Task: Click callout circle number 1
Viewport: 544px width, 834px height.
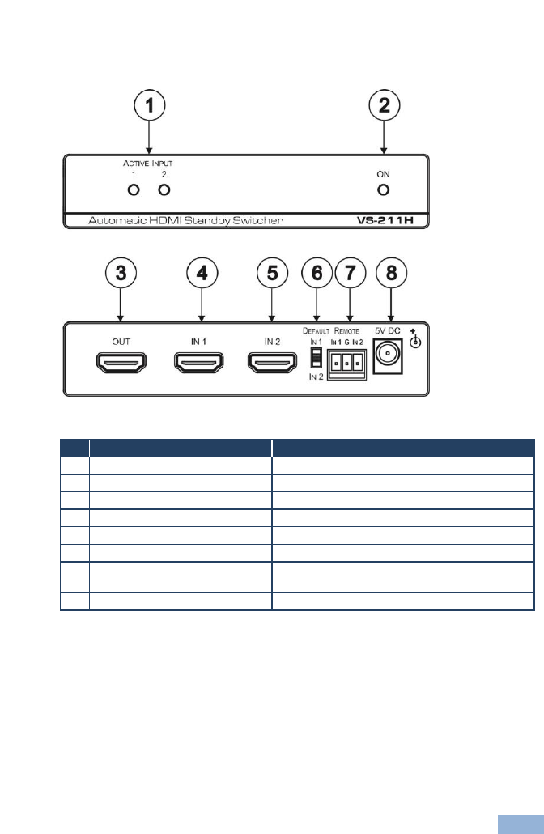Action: [x=149, y=107]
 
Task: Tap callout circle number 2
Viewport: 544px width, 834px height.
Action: [x=384, y=107]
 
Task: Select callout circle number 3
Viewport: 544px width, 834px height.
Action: [x=120, y=274]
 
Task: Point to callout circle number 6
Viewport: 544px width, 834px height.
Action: [x=317, y=274]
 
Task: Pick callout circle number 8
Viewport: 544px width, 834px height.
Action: [x=391, y=274]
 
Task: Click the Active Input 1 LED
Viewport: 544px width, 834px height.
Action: [x=134, y=190]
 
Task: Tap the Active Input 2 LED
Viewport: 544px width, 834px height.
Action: [x=164, y=190]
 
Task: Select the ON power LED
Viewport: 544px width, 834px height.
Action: [x=384, y=190]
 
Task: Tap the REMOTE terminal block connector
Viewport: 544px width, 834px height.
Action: [x=347, y=365]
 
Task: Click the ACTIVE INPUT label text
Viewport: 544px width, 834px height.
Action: [x=142, y=163]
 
